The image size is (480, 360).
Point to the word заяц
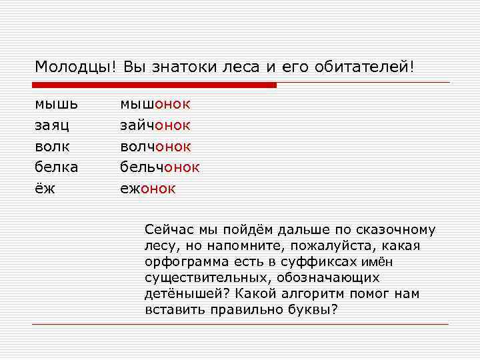(56, 125)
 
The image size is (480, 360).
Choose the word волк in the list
(53, 146)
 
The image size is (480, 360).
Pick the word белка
(56, 167)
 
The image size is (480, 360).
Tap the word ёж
(45, 189)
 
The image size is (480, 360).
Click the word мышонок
(155, 104)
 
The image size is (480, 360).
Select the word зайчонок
(155, 125)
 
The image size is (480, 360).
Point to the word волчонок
(155, 146)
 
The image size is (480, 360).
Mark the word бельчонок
(159, 167)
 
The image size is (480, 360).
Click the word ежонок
(147, 189)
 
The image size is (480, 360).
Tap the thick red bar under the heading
(154, 85)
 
